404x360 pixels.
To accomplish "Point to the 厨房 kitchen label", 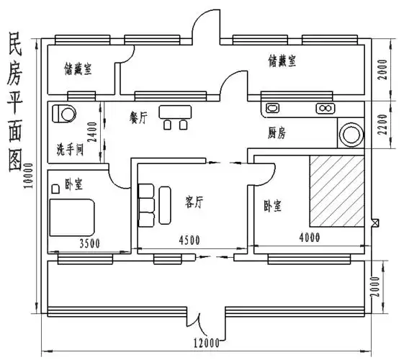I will click(x=277, y=133).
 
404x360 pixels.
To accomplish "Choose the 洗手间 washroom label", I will click(x=71, y=149).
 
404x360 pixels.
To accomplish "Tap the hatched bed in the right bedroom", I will click(x=336, y=189).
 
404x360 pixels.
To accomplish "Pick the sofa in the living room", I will click(x=145, y=204).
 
